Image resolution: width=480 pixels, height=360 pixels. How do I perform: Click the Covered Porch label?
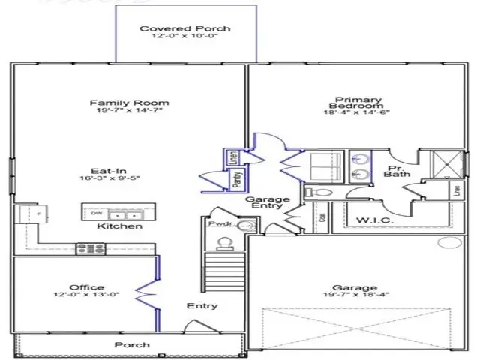pyautogui.click(x=185, y=29)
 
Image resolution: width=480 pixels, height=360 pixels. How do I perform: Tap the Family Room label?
pyautogui.click(x=129, y=103)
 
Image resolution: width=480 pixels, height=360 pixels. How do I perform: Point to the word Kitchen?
pyautogui.click(x=120, y=226)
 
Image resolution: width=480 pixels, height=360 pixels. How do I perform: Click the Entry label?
pyautogui.click(x=202, y=305)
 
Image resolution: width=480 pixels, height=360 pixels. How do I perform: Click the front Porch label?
pyautogui.click(x=131, y=345)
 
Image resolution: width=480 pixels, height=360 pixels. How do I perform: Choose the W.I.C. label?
pyautogui.click(x=370, y=220)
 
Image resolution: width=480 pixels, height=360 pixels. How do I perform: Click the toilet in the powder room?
pyautogui.click(x=223, y=243)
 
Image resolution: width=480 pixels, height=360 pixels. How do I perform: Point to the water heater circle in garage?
pyautogui.click(x=451, y=242)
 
